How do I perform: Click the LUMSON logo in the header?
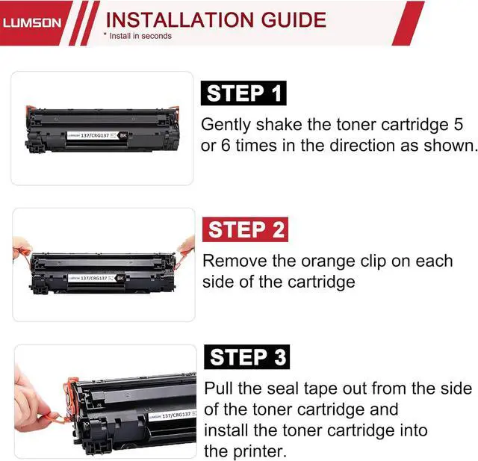[x=32, y=23]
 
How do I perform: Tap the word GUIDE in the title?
[x=294, y=20]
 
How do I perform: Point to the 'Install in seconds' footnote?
[x=137, y=36]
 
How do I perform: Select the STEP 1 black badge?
[x=243, y=93]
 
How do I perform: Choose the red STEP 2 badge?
[x=246, y=229]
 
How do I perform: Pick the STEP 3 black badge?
[x=247, y=356]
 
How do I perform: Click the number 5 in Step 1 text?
[x=458, y=124]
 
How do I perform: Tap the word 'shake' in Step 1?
[x=279, y=124]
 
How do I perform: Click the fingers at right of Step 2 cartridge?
[x=186, y=246]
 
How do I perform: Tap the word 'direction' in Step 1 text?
[x=362, y=146]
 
